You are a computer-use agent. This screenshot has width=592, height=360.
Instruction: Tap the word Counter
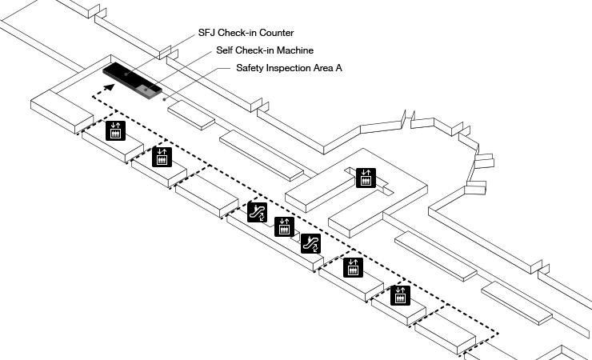tap(276, 34)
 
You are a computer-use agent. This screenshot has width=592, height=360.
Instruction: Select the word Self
tap(226, 50)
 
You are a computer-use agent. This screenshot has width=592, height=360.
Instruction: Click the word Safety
tap(251, 69)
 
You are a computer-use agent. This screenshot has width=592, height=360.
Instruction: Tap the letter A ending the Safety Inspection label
tap(340, 69)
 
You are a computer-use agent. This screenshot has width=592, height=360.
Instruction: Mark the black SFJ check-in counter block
tap(125, 72)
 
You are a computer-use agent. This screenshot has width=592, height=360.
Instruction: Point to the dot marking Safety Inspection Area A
tap(165, 101)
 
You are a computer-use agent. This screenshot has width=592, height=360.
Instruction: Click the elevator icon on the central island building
tap(366, 177)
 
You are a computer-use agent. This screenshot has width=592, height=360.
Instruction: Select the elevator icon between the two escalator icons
tap(282, 226)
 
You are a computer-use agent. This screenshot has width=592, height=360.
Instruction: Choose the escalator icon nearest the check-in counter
tap(257, 212)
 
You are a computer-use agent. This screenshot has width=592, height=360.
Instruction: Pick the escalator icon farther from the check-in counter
tap(311, 243)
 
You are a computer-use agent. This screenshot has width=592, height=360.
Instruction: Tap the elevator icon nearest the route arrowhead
tap(117, 130)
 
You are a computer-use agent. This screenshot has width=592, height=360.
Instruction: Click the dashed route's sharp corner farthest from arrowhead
tap(498, 334)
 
